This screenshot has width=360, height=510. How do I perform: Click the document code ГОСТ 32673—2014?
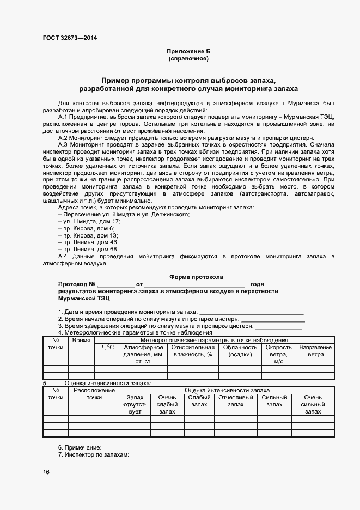coord(70,38)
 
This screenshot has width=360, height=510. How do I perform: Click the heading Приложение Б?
coord(188,51)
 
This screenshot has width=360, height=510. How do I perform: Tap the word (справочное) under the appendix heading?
coord(188,58)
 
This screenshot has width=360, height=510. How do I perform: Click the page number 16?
coord(46,472)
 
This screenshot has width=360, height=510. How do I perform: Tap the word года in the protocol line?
coord(257,284)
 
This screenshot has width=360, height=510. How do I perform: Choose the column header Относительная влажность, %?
coord(193,350)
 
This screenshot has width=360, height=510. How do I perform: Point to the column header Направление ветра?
coord(315,350)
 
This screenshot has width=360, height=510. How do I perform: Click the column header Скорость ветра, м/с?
coord(278,354)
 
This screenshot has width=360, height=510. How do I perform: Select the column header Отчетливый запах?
coord(236,401)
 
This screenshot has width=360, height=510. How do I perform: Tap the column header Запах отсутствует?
coord(135,404)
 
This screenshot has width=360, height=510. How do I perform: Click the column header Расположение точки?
coord(94,394)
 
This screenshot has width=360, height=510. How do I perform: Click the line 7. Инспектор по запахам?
coord(93,454)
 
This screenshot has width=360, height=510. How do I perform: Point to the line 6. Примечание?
coord(80,447)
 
